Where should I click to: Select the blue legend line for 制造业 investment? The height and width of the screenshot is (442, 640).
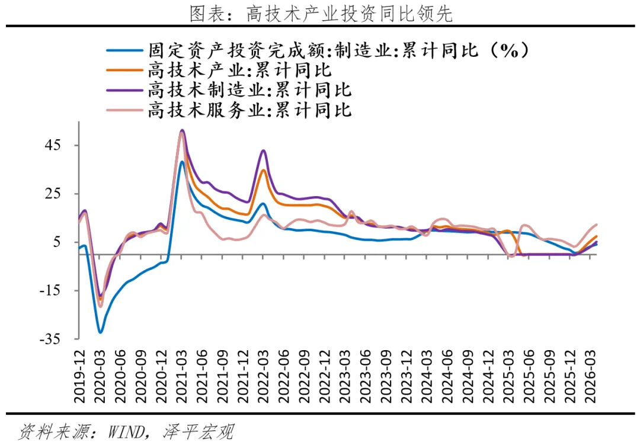(125, 51)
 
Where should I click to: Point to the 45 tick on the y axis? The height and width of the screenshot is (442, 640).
(53, 145)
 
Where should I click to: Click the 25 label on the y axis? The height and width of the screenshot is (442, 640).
(53, 194)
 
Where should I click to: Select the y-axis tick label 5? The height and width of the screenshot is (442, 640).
(57, 242)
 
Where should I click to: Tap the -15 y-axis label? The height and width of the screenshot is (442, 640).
(50, 290)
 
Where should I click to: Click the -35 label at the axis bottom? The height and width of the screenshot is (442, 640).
(50, 339)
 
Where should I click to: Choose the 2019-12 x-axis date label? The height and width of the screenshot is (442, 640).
(79, 376)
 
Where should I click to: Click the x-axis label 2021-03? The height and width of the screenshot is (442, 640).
(182, 376)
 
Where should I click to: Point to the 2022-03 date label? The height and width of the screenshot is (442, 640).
(263, 376)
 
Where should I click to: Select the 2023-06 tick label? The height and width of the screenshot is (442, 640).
(366, 376)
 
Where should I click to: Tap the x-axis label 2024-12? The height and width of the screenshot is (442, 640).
(488, 376)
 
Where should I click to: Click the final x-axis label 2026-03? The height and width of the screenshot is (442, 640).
(591, 376)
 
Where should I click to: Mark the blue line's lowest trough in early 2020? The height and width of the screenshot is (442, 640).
(100, 332)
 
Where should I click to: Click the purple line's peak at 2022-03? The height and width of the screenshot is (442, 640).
(263, 150)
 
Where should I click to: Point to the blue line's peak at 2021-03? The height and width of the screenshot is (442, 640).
(182, 162)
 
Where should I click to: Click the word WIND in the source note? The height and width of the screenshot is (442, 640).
(126, 431)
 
